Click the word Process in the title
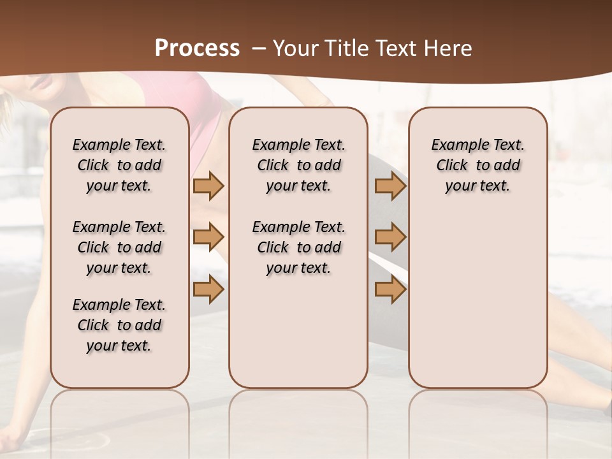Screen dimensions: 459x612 tap(197, 48)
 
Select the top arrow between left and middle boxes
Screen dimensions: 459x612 tap(208, 186)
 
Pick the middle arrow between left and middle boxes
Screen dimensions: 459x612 tap(208, 238)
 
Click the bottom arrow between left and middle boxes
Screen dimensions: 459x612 tap(208, 289)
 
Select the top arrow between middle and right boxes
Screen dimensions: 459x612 tap(390, 186)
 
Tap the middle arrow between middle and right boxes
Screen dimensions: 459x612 tap(390, 238)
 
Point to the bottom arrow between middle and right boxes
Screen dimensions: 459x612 tap(390, 289)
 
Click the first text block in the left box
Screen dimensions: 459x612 tap(119, 165)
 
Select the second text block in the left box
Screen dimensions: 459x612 tap(119, 247)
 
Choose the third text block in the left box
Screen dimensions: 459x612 tap(119, 325)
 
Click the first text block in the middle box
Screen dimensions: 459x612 tap(298, 165)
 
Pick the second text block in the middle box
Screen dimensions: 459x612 tap(298, 247)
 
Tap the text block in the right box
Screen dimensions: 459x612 tap(478, 165)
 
